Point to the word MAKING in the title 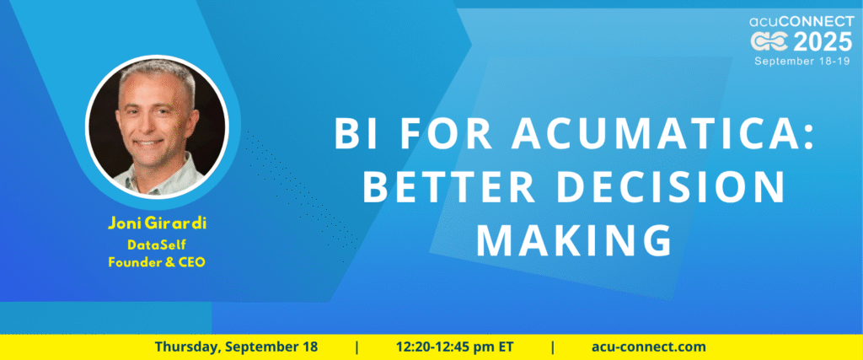click(x=574, y=240)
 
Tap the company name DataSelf click(x=156, y=244)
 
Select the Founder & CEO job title click(x=157, y=262)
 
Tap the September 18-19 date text click(x=803, y=61)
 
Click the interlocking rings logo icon click(x=770, y=42)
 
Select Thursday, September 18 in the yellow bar click(x=236, y=347)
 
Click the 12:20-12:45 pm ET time click(x=454, y=347)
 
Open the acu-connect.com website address click(x=648, y=347)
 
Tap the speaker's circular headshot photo click(x=157, y=127)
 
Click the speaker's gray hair click(x=158, y=73)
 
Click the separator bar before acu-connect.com click(x=553, y=347)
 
